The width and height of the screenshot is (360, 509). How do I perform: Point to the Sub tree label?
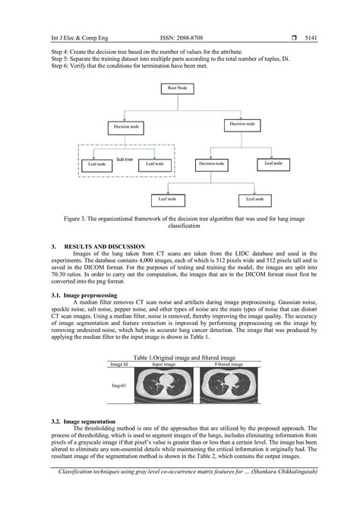(x=124, y=160)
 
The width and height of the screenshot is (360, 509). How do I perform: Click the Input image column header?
(x=163, y=364)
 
